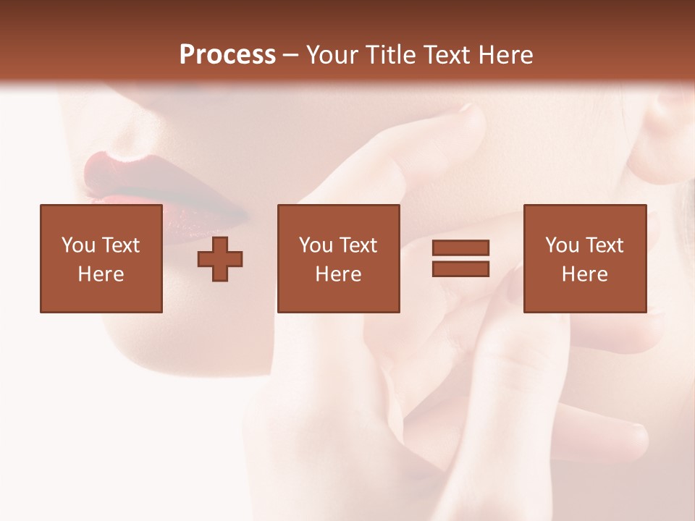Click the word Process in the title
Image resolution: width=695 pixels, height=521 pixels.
227,55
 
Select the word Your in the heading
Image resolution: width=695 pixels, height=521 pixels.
332,55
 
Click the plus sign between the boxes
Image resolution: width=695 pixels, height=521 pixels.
220,259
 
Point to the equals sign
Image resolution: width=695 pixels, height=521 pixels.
461,258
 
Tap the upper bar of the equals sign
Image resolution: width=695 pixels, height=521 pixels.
461,248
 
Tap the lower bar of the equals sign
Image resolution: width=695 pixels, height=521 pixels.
461,268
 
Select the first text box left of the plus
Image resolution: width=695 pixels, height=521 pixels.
101,258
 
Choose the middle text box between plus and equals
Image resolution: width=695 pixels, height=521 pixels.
338,258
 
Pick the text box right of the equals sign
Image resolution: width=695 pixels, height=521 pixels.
584,258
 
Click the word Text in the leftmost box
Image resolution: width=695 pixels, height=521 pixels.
119,245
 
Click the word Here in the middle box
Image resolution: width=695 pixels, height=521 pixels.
338,274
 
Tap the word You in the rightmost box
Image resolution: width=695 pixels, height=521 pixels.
562,245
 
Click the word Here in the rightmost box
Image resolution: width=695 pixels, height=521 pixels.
584,274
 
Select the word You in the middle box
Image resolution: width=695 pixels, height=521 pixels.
316,245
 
